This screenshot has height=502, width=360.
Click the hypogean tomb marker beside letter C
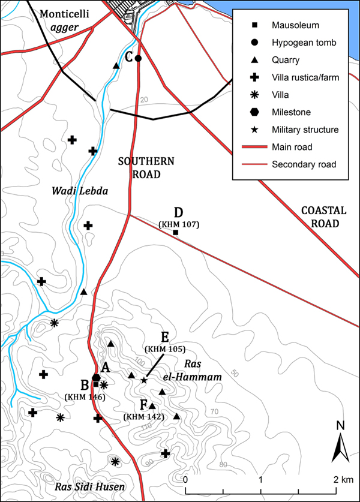[x=138, y=58]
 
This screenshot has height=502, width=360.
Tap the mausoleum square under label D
[x=176, y=232]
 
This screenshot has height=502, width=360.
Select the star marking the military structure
[x=144, y=380]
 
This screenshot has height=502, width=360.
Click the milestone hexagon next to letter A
[x=96, y=376]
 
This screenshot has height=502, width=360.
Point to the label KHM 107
[x=178, y=224]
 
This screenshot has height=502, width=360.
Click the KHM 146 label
[x=85, y=396]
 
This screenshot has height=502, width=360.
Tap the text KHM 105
[x=164, y=348]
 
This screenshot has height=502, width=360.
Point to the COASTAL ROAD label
[x=323, y=217]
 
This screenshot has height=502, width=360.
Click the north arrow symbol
[x=340, y=445]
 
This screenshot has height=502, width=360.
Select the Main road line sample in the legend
[x=254, y=147]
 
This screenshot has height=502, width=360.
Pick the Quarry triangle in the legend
[x=254, y=59]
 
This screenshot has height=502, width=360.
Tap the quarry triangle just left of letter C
[x=116, y=65]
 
